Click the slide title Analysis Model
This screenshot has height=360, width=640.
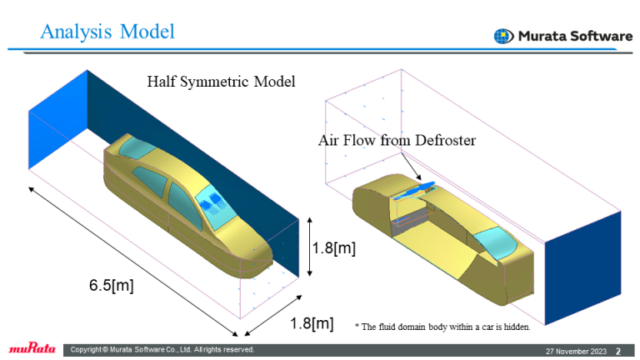(108, 32)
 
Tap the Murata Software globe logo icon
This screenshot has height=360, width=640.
(503, 36)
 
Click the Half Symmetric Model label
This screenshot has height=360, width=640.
(221, 82)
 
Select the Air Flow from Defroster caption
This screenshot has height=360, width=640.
(397, 140)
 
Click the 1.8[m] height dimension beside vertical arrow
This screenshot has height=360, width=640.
(334, 248)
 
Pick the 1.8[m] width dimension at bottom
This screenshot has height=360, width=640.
(312, 323)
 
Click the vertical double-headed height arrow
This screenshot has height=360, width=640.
(309, 247)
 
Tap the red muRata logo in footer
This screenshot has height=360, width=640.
(31, 349)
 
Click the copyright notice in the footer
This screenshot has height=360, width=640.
(163, 349)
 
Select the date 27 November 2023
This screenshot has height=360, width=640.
(576, 350)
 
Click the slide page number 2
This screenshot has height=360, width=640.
(617, 350)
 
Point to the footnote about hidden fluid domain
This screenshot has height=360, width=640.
(442, 327)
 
